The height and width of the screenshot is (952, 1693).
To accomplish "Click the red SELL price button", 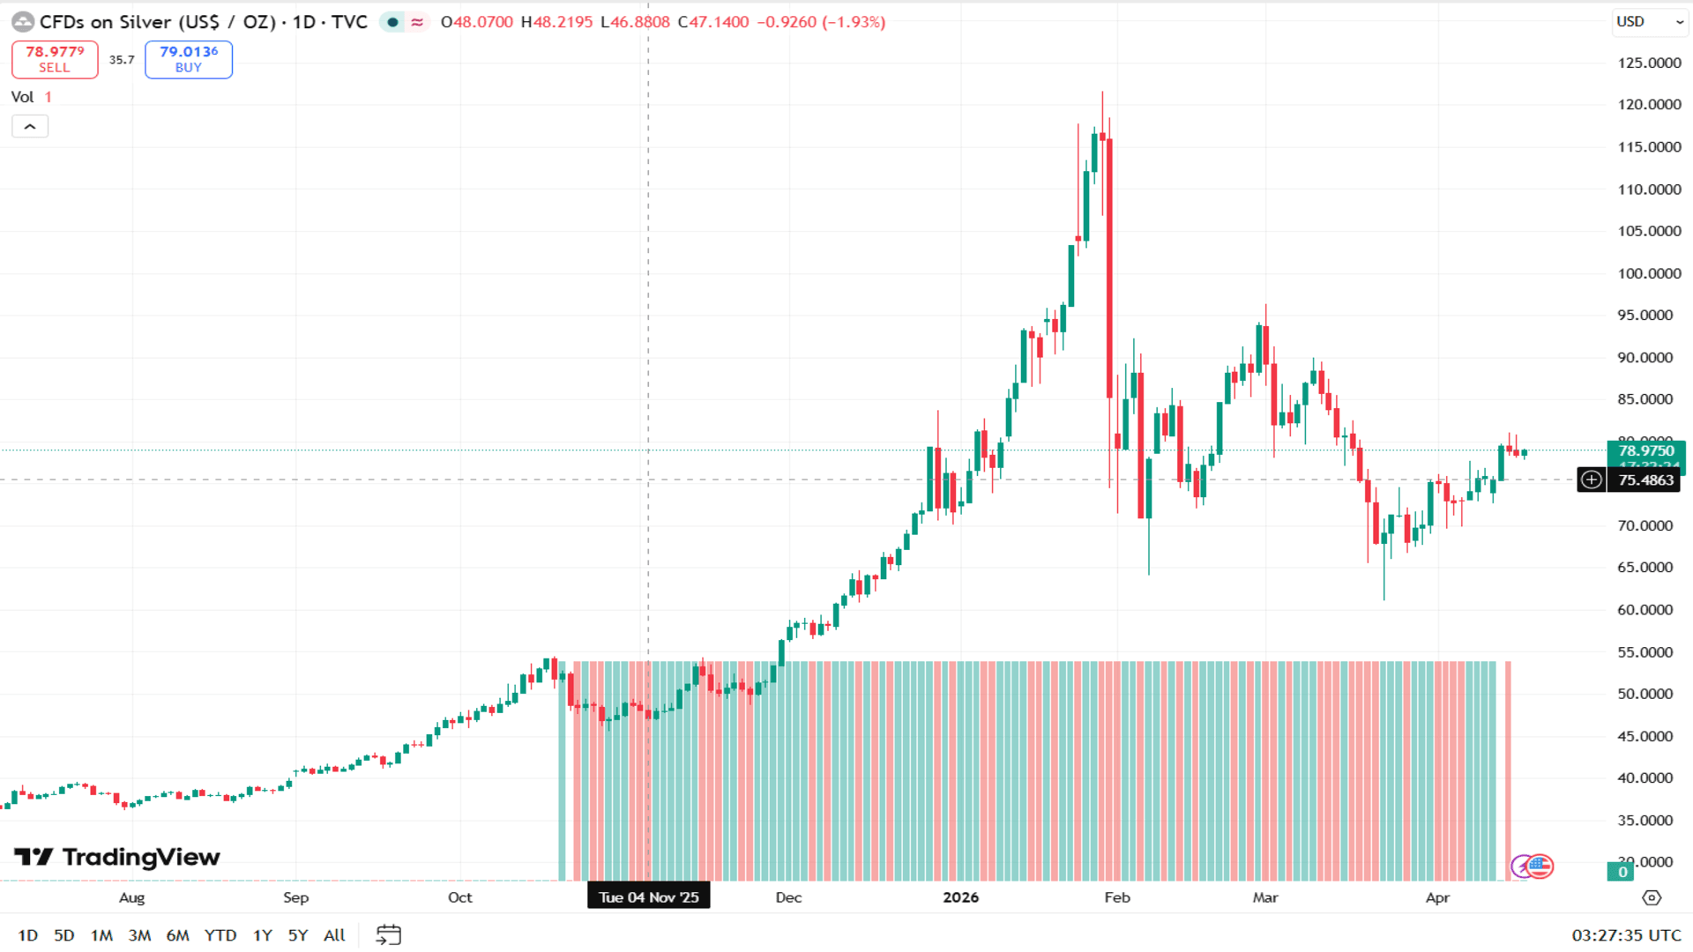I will coord(55,59).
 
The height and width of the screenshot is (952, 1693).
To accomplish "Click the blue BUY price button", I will coord(189,59).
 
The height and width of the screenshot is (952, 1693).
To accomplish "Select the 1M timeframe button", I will coord(101,935).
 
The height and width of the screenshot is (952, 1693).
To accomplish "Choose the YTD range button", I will coord(220,935).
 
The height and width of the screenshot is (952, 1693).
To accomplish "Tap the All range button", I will coord(334,935).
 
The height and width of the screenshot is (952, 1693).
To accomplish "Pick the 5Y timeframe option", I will coord(298,935).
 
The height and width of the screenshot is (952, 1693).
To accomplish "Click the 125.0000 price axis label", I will coord(1649,63).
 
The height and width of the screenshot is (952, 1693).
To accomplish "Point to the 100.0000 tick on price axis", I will coord(1649,273).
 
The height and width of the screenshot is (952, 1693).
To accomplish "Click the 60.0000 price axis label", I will coord(1645,610).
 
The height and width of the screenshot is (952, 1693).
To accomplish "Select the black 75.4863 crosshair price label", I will coord(1645,480).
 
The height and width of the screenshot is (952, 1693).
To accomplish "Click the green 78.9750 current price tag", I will coord(1645,450).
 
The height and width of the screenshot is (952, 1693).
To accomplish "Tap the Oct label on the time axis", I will coord(459,897).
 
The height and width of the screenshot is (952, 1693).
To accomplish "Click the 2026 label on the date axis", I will coord(960,897).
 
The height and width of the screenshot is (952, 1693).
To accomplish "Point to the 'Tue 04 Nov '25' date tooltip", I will coord(649,897).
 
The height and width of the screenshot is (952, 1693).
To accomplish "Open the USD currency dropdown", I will coord(1648,22).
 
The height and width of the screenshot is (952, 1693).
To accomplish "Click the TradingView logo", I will coord(117,857).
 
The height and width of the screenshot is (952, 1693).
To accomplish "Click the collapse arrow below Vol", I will coord(30,127).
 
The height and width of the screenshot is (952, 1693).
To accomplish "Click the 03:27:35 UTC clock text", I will coord(1626,935).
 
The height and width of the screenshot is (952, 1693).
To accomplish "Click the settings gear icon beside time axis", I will coord(1652,897).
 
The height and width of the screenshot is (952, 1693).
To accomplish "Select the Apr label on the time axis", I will coord(1437,897).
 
